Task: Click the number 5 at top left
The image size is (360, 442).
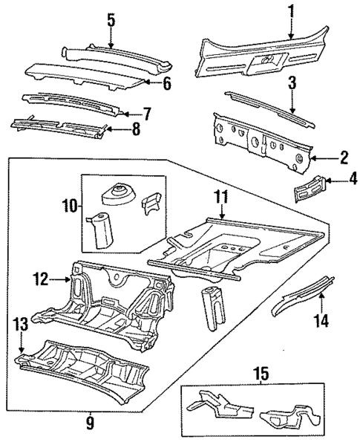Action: click(111, 20)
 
